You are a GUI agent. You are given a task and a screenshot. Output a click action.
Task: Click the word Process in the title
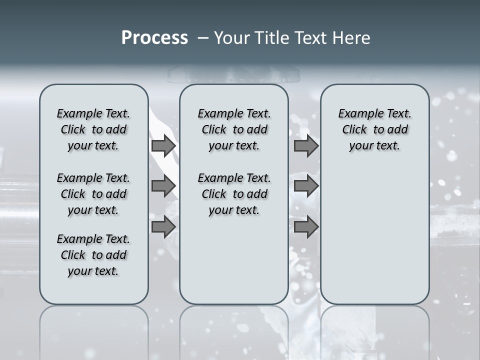click(x=154, y=38)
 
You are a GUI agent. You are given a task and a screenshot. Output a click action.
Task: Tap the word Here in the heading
click(x=352, y=38)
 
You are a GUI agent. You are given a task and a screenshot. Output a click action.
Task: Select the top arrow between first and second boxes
click(x=163, y=146)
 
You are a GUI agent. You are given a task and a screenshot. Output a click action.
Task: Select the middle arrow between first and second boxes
click(x=163, y=186)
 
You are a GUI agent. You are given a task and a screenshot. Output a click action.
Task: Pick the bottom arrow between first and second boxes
click(x=163, y=227)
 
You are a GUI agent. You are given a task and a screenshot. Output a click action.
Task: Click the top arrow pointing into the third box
click(x=306, y=146)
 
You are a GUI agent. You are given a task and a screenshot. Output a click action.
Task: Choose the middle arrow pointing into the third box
click(x=306, y=186)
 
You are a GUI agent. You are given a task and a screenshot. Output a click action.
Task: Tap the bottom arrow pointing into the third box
click(x=306, y=227)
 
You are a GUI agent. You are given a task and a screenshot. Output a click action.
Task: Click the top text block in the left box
click(x=93, y=129)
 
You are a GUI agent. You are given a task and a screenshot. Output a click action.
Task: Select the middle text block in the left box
click(x=93, y=194)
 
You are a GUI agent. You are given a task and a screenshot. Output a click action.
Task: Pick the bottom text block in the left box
click(x=93, y=255)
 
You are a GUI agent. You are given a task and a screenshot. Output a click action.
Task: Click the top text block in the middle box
click(x=234, y=129)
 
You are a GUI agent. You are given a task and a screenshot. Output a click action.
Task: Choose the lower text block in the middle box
click(x=234, y=194)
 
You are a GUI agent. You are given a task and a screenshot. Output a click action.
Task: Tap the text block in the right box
click(x=375, y=129)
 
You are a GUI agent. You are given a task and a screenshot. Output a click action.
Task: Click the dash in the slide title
click(x=203, y=38)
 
